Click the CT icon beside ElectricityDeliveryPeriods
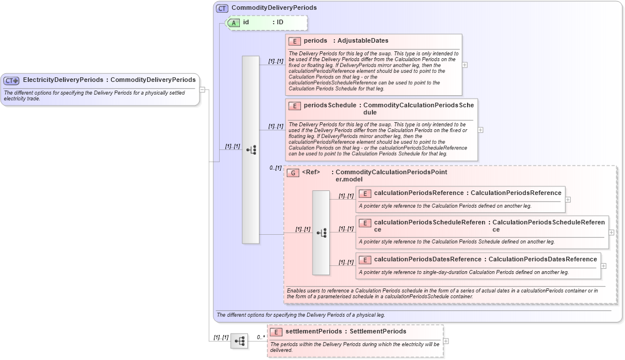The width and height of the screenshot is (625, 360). tap(12, 80)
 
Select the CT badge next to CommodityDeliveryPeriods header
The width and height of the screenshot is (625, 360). tap(222, 8)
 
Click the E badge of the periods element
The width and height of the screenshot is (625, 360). tap(295, 41)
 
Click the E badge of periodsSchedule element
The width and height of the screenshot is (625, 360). tap(295, 106)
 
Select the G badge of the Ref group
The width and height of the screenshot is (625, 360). tap(293, 172)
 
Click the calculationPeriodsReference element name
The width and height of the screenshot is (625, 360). tap(419, 193)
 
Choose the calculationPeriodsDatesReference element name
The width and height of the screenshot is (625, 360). tap(427, 260)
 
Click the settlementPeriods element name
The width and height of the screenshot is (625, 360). tap(314, 332)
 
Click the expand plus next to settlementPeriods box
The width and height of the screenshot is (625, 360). tap(446, 341)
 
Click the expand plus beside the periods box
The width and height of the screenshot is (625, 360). tap(465, 65)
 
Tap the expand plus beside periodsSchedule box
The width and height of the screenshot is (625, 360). tap(480, 130)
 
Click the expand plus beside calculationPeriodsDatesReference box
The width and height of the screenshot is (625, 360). tap(603, 266)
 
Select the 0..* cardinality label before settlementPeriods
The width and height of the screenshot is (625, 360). tap(261, 337)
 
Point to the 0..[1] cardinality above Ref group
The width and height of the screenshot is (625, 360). tap(275, 168)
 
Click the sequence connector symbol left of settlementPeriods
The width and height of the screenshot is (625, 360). tap(239, 342)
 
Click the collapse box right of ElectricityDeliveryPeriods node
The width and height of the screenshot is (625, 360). tap(202, 89)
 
